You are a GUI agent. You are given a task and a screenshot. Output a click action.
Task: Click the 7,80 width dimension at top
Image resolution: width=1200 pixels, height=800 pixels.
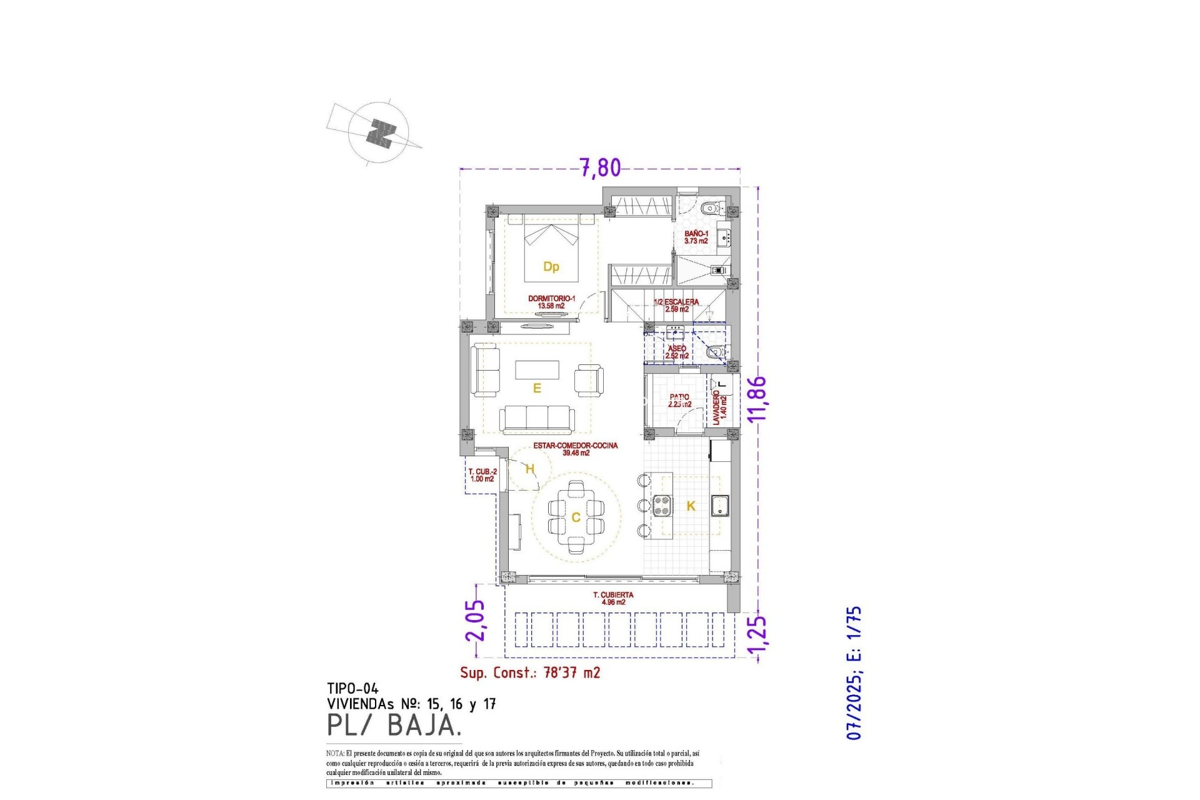[x=600, y=167]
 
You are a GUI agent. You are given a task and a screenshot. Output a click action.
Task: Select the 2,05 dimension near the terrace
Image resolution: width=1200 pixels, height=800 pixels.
[x=475, y=620]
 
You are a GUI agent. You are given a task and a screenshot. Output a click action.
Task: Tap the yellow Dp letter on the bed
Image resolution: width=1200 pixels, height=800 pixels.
[x=551, y=267]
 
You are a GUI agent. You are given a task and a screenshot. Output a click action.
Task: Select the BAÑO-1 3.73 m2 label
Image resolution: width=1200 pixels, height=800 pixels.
[x=696, y=237]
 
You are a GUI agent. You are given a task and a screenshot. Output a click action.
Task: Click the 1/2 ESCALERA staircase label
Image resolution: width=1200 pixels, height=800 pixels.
[x=676, y=306]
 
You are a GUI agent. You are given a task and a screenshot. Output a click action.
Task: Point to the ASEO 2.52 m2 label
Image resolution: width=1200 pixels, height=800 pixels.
[x=677, y=352]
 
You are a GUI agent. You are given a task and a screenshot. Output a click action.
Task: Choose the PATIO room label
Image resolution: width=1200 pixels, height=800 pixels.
[x=679, y=401]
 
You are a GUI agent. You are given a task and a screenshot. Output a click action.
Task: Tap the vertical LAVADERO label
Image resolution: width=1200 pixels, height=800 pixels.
[x=719, y=407]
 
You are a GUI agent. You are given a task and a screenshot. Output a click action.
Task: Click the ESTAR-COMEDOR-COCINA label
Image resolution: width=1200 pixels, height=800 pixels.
[x=575, y=449]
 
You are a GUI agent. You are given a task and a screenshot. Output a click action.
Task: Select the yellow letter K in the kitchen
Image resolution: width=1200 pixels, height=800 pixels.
[x=691, y=506]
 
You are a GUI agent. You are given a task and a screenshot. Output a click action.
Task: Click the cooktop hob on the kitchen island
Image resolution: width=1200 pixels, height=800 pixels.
[x=662, y=505]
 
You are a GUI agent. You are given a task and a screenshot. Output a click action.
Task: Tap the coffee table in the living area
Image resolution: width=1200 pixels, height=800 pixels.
[x=537, y=369]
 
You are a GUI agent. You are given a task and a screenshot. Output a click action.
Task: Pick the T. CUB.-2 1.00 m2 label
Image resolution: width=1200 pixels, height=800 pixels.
[x=482, y=476]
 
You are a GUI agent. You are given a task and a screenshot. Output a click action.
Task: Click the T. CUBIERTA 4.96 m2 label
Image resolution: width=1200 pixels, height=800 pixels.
[x=613, y=599]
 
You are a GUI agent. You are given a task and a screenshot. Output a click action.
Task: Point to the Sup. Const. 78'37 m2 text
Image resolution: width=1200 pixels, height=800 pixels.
[x=530, y=672]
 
